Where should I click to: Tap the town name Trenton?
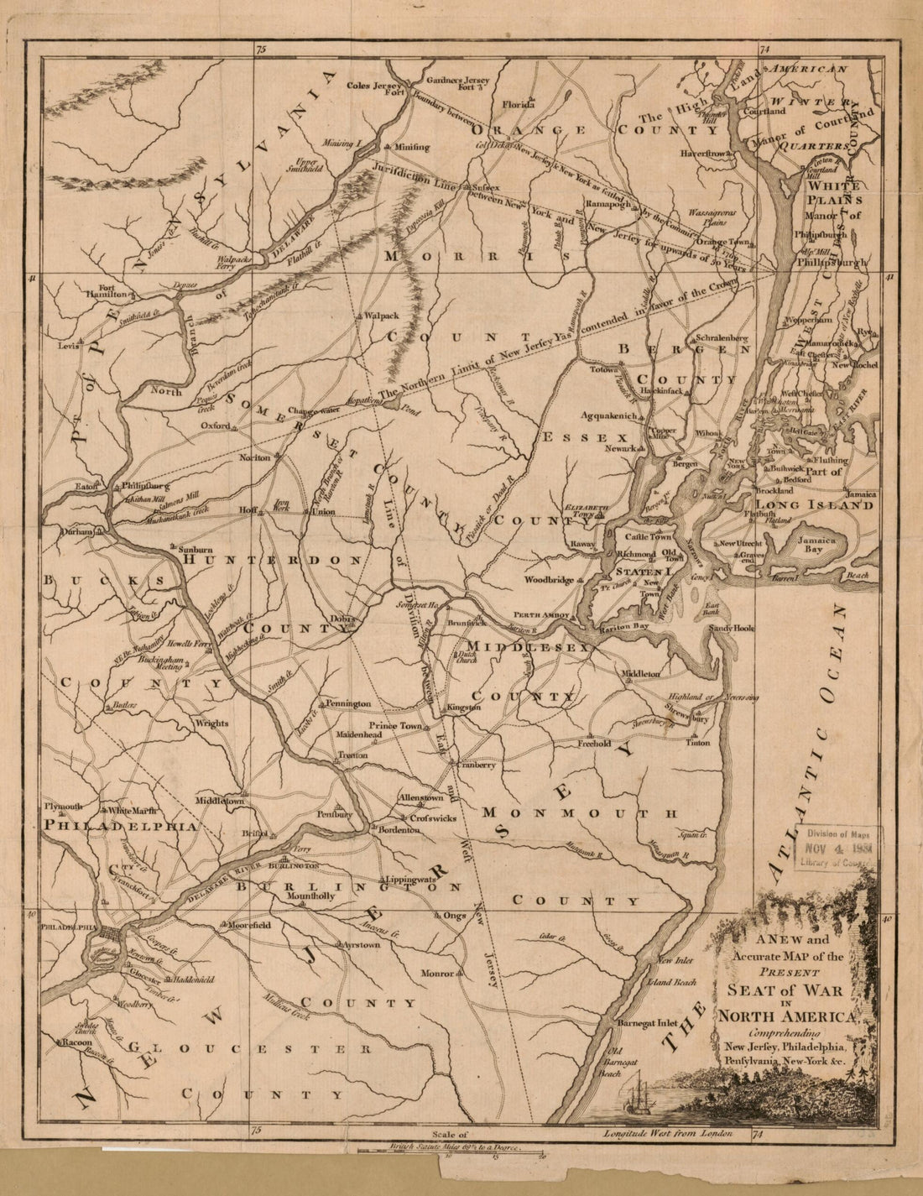[353, 755]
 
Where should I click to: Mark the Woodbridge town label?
[550, 580]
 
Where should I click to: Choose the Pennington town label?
[348, 702]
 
